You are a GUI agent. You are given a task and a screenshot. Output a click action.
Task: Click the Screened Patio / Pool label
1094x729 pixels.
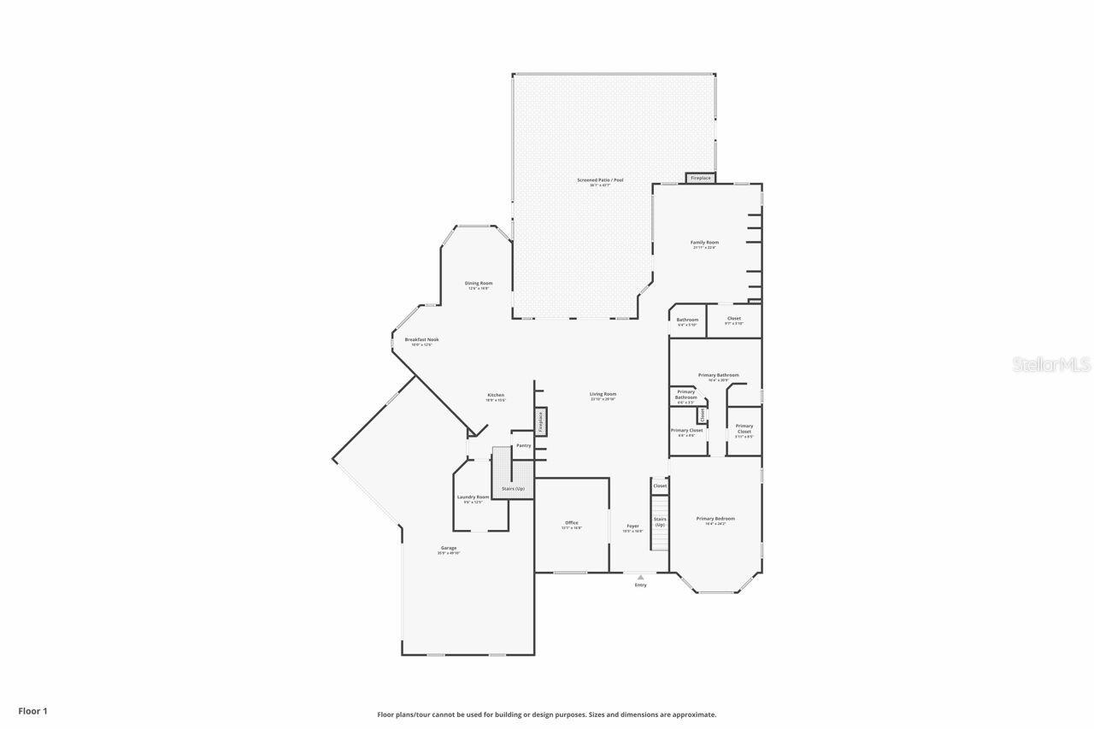click(600, 180)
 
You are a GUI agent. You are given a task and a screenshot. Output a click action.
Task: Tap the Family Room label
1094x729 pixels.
click(705, 243)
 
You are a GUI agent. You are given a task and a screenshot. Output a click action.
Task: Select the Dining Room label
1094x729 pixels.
click(479, 284)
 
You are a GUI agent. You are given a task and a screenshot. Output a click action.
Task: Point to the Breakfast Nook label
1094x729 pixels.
click(421, 340)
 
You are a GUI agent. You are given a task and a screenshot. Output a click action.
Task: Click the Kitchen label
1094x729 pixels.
click(496, 396)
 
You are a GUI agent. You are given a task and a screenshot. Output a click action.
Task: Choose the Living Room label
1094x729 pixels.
click(603, 395)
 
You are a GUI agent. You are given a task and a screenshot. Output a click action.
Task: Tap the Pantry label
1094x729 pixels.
click(524, 445)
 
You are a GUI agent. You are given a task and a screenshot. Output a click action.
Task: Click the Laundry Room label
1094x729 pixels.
click(473, 497)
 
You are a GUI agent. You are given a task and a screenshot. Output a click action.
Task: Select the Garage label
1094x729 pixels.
click(449, 549)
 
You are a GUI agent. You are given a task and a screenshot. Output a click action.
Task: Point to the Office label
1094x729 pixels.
click(572, 523)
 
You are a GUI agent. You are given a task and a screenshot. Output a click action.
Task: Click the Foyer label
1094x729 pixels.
click(632, 526)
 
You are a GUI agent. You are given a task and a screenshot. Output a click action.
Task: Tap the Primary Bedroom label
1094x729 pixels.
click(715, 519)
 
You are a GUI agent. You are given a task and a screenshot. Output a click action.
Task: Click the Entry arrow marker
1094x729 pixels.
click(640, 578)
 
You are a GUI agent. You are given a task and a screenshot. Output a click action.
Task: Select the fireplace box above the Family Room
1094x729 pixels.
click(701, 178)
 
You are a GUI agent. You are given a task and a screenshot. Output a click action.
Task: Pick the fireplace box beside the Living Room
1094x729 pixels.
click(540, 421)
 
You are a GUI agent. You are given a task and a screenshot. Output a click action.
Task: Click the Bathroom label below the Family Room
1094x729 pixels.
click(687, 320)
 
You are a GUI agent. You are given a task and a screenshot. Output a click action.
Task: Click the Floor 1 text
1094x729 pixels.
click(33, 710)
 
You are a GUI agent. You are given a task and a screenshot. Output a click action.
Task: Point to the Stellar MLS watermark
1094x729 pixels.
click(1052, 365)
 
